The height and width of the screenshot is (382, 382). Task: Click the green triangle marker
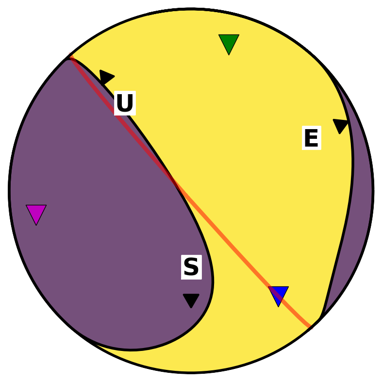(x=229, y=43)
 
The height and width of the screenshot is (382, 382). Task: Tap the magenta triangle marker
(x=36, y=213)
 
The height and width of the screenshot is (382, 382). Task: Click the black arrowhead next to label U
(x=106, y=77)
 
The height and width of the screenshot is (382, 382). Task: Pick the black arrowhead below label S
(x=191, y=300)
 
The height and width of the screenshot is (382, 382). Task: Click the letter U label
(x=125, y=103)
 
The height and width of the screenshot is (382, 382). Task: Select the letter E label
(x=312, y=138)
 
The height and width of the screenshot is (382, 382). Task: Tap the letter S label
(x=192, y=267)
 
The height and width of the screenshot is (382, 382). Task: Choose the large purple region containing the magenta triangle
(x=98, y=207)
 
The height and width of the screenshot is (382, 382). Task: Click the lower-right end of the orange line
(x=311, y=327)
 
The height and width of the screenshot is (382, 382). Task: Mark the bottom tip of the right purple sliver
(x=320, y=317)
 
